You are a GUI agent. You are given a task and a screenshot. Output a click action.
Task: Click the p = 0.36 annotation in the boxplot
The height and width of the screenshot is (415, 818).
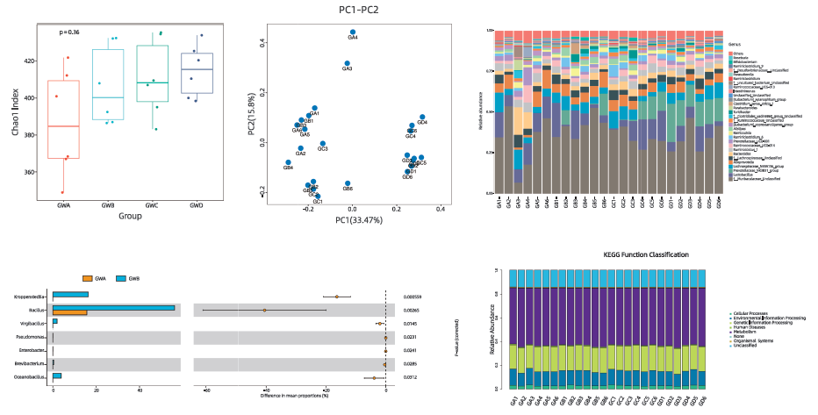pos(69,32)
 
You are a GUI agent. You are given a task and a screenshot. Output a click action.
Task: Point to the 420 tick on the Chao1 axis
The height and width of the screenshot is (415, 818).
pos(31,61)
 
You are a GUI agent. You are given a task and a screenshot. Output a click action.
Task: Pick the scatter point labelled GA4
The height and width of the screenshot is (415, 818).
pos(353,32)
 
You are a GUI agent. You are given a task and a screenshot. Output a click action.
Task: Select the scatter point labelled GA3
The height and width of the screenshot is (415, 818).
pos(348,63)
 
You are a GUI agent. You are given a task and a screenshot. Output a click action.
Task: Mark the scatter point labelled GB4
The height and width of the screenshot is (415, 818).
pos(288,162)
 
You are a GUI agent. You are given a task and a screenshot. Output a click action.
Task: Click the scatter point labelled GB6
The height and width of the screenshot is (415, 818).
pos(348,183)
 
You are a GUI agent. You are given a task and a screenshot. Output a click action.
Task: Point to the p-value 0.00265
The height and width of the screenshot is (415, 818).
pos(413,311)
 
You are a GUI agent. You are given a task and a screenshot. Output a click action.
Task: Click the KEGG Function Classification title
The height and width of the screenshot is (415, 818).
pos(645,255)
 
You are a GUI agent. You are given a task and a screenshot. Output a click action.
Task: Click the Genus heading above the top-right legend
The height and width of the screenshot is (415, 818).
pos(738,42)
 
